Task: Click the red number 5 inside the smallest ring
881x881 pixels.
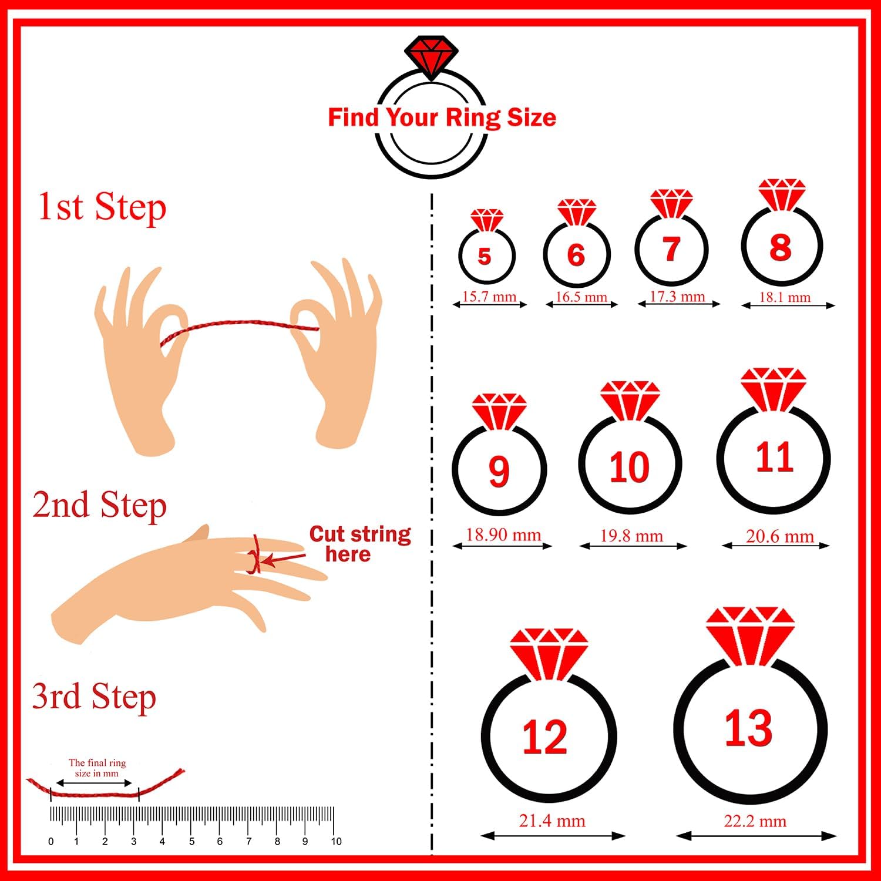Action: click(484, 256)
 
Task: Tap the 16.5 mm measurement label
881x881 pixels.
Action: click(581, 297)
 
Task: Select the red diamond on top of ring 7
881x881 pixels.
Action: click(671, 203)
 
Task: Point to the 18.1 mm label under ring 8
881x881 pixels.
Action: click(785, 297)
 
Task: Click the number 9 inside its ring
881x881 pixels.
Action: click(498, 471)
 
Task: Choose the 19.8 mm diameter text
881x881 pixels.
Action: click(631, 536)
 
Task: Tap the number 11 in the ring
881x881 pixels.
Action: click(774, 458)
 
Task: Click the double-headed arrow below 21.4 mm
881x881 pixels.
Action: click(553, 835)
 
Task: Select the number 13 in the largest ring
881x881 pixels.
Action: click(748, 728)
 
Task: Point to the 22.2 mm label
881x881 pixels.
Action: click(755, 821)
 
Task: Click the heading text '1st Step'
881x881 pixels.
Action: click(102, 207)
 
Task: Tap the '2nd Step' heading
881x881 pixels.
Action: click(99, 505)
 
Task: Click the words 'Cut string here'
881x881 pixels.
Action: click(360, 544)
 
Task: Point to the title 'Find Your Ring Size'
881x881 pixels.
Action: click(442, 117)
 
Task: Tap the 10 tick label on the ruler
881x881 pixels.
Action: click(336, 842)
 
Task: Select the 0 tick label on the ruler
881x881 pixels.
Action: click(51, 842)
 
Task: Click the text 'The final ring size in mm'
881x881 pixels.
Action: click(97, 768)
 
